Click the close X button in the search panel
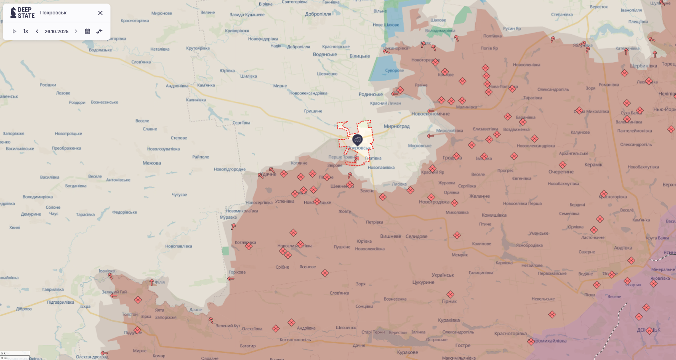coord(100,13)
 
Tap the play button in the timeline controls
coord(14,31)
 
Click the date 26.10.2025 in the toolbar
coord(57,32)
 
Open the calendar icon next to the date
coord(87,31)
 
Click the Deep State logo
coord(23,13)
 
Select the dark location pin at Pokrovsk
coord(357,139)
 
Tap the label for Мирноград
coord(396,127)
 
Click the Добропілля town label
coord(318,14)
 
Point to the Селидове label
coord(416,236)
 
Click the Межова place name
coord(152,163)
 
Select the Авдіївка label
coord(623,248)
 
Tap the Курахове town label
coord(408,352)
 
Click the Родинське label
coord(371,95)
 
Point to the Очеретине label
coord(561,172)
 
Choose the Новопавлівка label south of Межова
coord(179,246)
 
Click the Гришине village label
coord(313,111)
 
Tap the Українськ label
coord(443,275)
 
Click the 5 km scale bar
coord(15,353)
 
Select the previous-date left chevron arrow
coord(37,31)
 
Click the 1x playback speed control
coord(26,31)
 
